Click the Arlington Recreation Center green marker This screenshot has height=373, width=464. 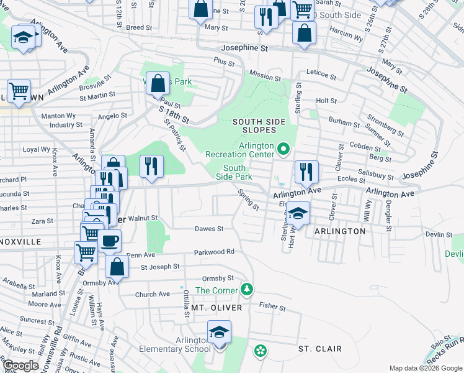(x=283, y=149)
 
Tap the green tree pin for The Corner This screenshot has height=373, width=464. (x=247, y=289)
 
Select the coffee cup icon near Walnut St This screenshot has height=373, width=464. (x=110, y=241)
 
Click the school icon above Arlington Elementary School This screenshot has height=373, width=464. (x=219, y=333)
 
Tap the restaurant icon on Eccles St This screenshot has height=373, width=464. (x=306, y=172)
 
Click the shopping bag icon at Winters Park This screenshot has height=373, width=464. (x=158, y=83)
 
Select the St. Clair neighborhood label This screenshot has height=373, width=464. (x=319, y=349)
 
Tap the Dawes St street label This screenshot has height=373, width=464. (x=209, y=229)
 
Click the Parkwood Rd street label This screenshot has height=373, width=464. (x=214, y=252)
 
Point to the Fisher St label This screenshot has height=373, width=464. (x=272, y=306)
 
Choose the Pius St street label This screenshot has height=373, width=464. (x=223, y=62)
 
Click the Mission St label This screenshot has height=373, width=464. (x=265, y=76)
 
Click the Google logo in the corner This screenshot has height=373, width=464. (x=20, y=366)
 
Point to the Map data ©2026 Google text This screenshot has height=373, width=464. (x=426, y=368)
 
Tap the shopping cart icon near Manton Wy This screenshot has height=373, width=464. (x=19, y=92)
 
